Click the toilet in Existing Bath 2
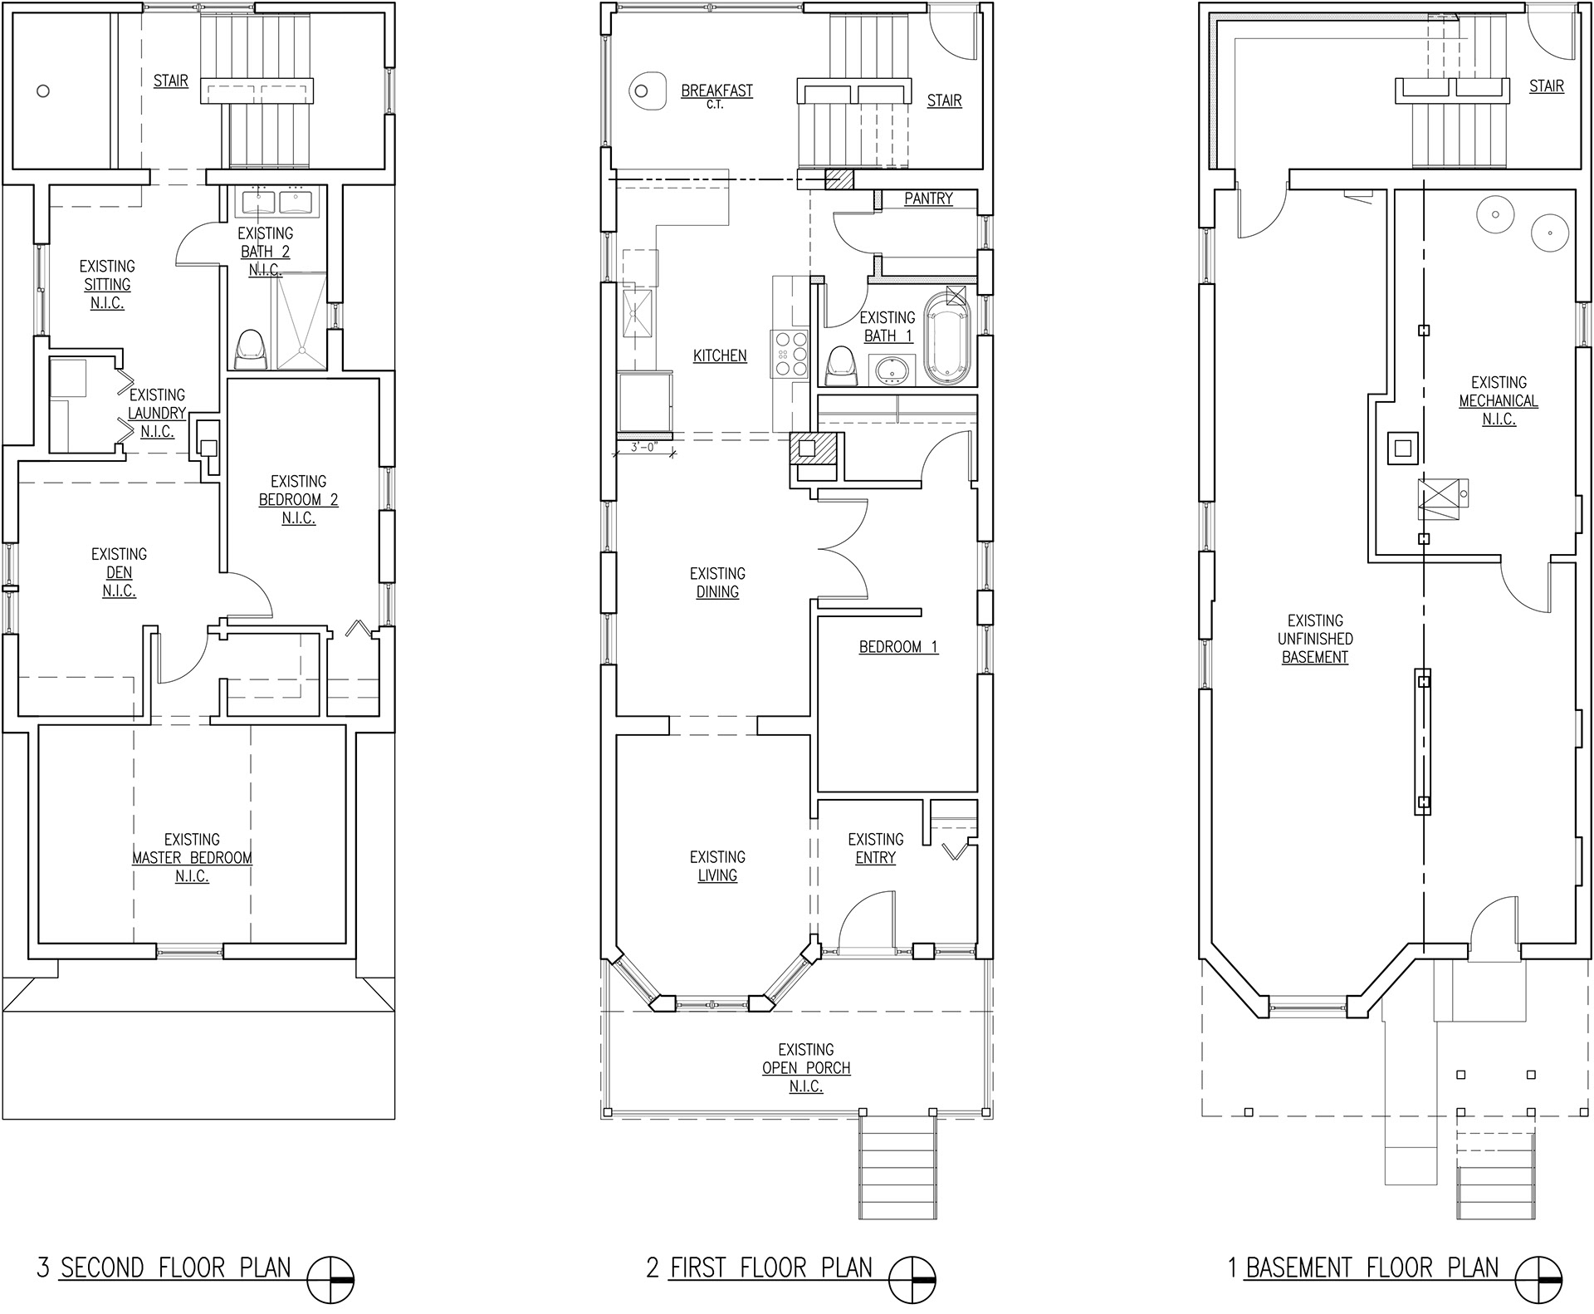251,350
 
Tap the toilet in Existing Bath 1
843,366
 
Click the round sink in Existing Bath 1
892,370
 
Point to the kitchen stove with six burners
790,355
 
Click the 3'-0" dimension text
644,447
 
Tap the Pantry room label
928,199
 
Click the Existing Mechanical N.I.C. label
1499,400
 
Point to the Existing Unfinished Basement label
1315,639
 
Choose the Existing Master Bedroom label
192,857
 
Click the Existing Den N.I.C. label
119,572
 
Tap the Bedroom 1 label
898,646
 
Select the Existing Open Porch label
806,1067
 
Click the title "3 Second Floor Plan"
164,1267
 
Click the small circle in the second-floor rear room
43,91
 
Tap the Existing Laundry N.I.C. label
157,413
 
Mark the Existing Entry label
876,848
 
